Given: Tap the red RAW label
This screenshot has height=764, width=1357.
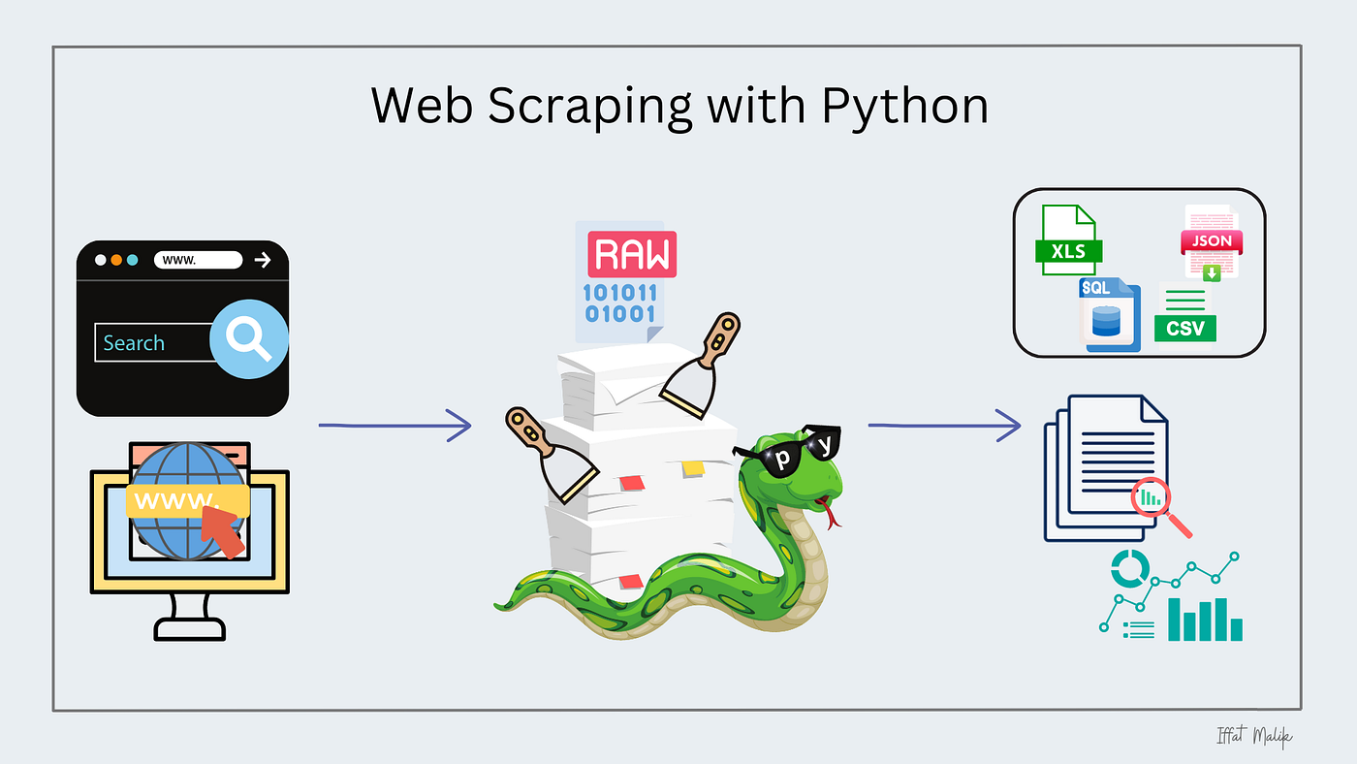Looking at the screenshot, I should click(x=632, y=255).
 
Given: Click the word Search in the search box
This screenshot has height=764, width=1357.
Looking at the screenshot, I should click(x=134, y=343).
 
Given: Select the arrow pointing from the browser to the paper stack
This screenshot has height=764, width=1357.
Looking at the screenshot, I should click(x=394, y=425).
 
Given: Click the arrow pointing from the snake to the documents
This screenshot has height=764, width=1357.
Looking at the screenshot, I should click(x=944, y=425).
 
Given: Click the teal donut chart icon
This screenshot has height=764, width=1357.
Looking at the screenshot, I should click(x=1128, y=569).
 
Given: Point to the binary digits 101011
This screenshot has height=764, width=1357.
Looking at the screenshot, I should click(x=619, y=293).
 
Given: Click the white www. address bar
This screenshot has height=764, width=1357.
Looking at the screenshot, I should click(x=198, y=260).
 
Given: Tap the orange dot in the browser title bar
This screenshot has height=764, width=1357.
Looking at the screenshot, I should click(x=116, y=260).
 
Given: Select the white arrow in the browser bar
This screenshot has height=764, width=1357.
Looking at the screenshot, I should click(x=262, y=260).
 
